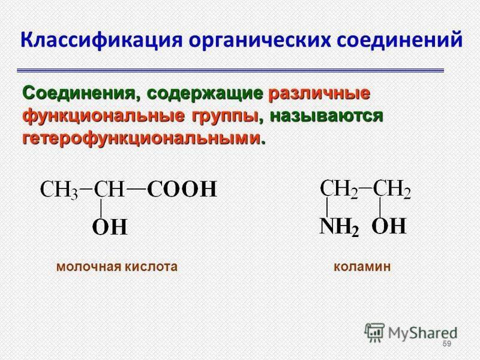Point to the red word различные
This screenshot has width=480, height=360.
pyautogui.click(x=319, y=94)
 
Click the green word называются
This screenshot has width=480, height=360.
pyautogui.click(x=326, y=117)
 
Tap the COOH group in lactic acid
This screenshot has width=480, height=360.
pyautogui.click(x=182, y=189)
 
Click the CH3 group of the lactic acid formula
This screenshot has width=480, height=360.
pyautogui.click(x=59, y=190)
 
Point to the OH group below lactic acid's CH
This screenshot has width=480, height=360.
pyautogui.click(x=110, y=227)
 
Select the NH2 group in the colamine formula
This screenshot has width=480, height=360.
pyautogui.click(x=339, y=227)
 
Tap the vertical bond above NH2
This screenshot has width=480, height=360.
pyautogui.click(x=327, y=207)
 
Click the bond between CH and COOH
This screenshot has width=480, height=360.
pyautogui.click(x=136, y=189)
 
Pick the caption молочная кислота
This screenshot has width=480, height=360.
pyautogui.click(x=117, y=266)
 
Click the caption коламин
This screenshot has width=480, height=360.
pyautogui.click(x=362, y=266)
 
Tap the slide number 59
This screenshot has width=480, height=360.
pyautogui.click(x=447, y=344)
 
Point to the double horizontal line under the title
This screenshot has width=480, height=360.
pyautogui.click(x=230, y=70)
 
